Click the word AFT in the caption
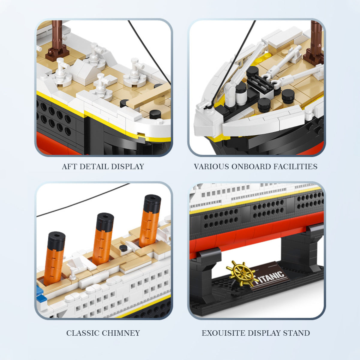[69, 166]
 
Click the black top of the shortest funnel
[57, 240]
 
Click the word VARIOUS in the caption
[211, 166]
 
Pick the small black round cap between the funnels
[123, 248]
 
